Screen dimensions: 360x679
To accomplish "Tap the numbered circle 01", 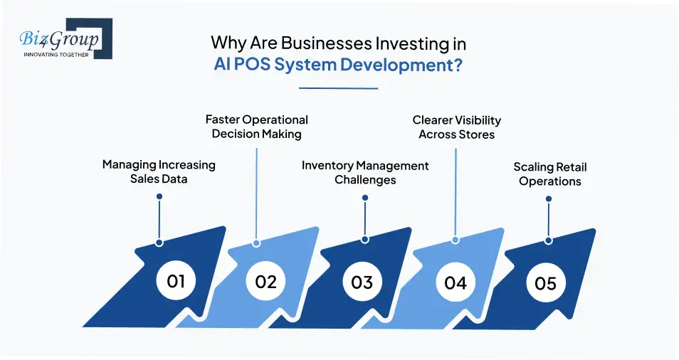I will click(x=176, y=280).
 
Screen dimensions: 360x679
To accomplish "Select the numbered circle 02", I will click(x=265, y=282).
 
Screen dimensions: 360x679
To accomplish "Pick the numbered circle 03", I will click(x=362, y=282).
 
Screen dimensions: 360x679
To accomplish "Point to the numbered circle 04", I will click(x=456, y=283).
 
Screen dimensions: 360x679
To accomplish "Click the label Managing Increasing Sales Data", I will click(x=159, y=171).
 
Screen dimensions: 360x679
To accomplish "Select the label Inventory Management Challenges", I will click(x=365, y=172).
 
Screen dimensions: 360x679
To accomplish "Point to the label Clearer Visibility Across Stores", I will click(x=457, y=127).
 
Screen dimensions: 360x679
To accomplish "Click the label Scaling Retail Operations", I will click(x=550, y=174).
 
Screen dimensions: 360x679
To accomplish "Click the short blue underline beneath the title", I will click(x=338, y=88).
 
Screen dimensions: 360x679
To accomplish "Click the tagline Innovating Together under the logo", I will click(x=56, y=54).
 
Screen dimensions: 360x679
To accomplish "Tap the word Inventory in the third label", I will click(x=327, y=166).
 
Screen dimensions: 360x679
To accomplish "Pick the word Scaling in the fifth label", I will click(x=534, y=168).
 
